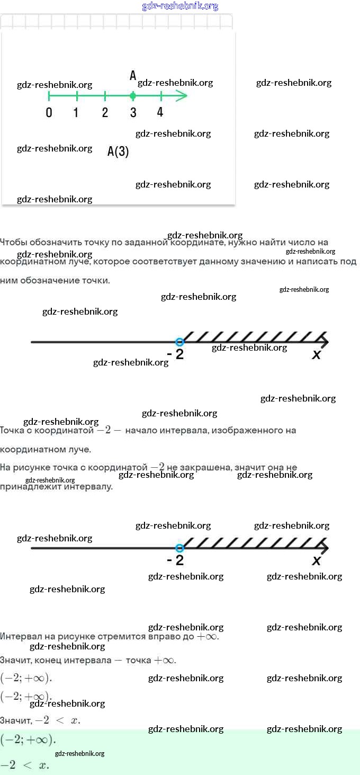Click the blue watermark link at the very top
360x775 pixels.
click(180, 6)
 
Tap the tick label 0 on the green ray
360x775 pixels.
click(49, 112)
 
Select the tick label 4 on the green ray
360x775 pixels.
click(160, 112)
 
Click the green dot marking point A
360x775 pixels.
click(133, 96)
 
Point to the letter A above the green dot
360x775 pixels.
click(133, 76)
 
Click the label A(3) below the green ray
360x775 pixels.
click(118, 152)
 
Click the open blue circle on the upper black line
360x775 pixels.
click(179, 342)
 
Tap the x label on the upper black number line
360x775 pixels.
click(317, 355)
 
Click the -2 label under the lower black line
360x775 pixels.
click(175, 560)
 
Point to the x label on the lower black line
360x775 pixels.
click(317, 560)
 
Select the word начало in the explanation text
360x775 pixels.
click(141, 430)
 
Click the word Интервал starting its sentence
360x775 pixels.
click(20, 636)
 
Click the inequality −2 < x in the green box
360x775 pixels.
click(24, 765)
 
